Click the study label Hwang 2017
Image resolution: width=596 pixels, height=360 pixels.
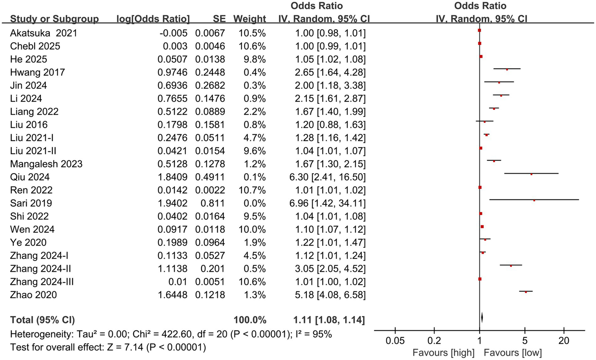coord(37,72)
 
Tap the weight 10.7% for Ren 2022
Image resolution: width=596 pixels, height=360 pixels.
coord(252,190)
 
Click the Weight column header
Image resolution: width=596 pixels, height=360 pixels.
coord(249,19)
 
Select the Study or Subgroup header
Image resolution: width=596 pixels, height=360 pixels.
coord(54,19)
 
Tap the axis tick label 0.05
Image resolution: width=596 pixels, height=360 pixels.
coord(395,341)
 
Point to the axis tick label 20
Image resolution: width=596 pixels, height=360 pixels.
coord(563,341)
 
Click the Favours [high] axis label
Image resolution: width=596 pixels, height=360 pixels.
coord(443,353)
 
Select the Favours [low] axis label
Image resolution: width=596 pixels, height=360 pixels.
coord(513,353)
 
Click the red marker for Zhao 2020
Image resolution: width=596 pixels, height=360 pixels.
coord(526,292)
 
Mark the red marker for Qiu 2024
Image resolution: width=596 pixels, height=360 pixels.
coord(531,174)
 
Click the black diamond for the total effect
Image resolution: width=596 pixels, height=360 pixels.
coord(482,318)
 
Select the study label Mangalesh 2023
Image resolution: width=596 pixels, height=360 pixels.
coord(46,164)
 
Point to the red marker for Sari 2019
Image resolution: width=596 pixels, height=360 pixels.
coord(534,200)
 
